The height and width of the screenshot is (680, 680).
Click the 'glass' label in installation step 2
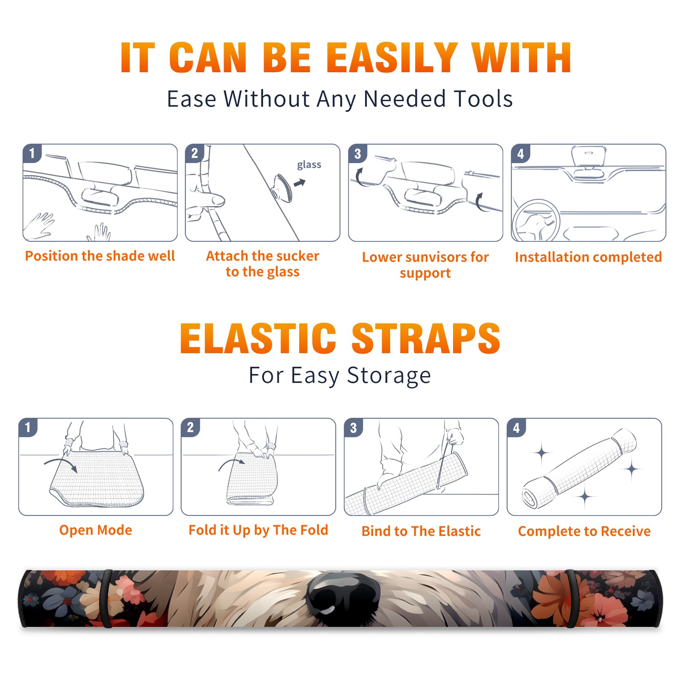pyautogui.click(x=309, y=165)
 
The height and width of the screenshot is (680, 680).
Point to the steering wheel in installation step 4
pyautogui.click(x=535, y=221)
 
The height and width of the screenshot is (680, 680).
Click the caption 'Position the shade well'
pyautogui.click(x=100, y=256)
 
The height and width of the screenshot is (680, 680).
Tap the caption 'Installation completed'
pyautogui.click(x=588, y=257)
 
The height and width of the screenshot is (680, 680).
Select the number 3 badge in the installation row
pyautogui.click(x=357, y=153)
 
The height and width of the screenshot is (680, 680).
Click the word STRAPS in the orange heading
pyautogui.click(x=426, y=339)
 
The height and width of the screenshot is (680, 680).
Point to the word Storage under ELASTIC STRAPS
pyautogui.click(x=389, y=376)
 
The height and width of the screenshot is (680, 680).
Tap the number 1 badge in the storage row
pyautogui.click(x=28, y=428)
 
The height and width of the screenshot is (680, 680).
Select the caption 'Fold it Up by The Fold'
pyautogui.click(x=258, y=530)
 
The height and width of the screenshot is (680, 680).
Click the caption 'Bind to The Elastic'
pyautogui.click(x=421, y=531)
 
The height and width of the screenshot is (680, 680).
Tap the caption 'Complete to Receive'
pyautogui.click(x=584, y=531)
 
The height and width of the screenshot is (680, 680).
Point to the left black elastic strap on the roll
pyautogui.click(x=107, y=598)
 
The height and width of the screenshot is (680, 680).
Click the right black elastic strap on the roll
pyautogui.click(x=571, y=598)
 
